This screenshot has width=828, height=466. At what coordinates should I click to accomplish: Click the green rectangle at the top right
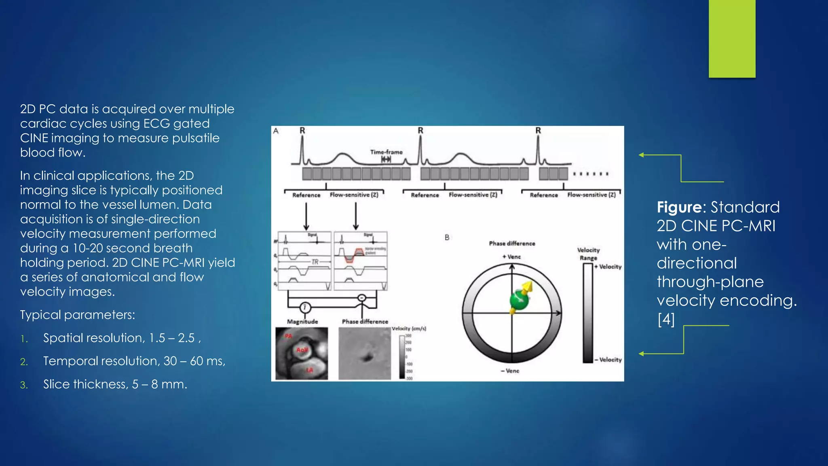pyautogui.click(x=732, y=38)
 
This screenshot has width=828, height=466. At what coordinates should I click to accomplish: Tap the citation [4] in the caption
pyautogui.click(x=666, y=319)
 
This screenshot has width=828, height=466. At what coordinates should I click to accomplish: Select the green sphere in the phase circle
pyautogui.click(x=519, y=300)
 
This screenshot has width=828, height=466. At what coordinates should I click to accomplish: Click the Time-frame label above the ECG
pyautogui.click(x=387, y=152)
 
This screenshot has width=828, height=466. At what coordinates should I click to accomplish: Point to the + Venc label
pyautogui.click(x=511, y=257)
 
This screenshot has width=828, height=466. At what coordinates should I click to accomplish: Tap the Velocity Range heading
pyautogui.click(x=588, y=254)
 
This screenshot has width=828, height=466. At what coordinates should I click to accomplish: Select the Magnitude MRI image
pyautogui.click(x=302, y=354)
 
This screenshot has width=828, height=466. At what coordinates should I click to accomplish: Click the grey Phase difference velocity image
pyautogui.click(x=365, y=354)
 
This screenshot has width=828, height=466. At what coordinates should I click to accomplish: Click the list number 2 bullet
pyautogui.click(x=24, y=362)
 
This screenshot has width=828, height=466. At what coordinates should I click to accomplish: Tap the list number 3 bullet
pyautogui.click(x=24, y=385)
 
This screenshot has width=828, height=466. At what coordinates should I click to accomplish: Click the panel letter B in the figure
pyautogui.click(x=447, y=237)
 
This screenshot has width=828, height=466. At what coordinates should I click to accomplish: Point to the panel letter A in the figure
pyautogui.click(x=276, y=131)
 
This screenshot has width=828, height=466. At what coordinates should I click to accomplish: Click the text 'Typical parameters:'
pyautogui.click(x=78, y=315)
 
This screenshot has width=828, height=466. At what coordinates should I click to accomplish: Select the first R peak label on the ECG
pyautogui.click(x=302, y=131)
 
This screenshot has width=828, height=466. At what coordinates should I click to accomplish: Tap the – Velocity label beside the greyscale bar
pyautogui.click(x=608, y=360)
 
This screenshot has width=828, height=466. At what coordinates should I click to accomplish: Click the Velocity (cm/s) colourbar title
pyautogui.click(x=409, y=328)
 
